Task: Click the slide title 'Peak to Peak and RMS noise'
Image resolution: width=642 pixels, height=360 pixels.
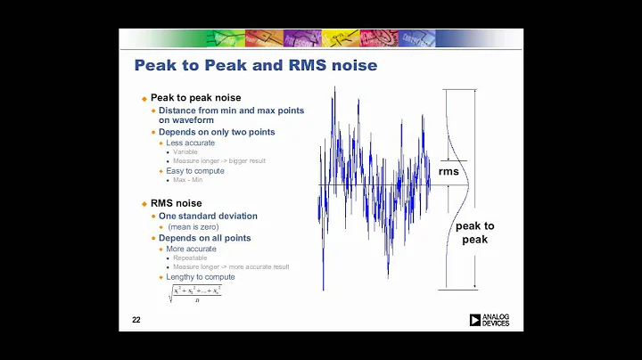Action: point(255,65)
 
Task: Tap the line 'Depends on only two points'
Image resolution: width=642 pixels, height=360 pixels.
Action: point(217,132)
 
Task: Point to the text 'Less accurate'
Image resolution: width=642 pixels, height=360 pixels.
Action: point(190,143)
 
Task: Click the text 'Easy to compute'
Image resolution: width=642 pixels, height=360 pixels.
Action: point(195,170)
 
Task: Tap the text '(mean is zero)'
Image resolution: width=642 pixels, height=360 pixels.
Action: point(195,226)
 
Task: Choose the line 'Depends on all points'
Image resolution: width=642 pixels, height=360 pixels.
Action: point(204,238)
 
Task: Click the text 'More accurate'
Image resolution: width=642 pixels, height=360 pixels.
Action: point(192,249)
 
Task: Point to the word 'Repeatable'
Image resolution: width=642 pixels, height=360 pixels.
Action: point(191,258)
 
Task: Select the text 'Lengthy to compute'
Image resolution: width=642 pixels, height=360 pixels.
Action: point(201,277)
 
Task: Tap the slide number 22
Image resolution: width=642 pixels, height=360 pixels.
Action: point(136,320)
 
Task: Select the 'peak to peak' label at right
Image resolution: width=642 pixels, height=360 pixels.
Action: point(474,233)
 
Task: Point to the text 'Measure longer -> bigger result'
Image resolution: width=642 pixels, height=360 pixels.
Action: point(220,160)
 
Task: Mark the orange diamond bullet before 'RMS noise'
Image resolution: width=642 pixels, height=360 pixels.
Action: point(144,203)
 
